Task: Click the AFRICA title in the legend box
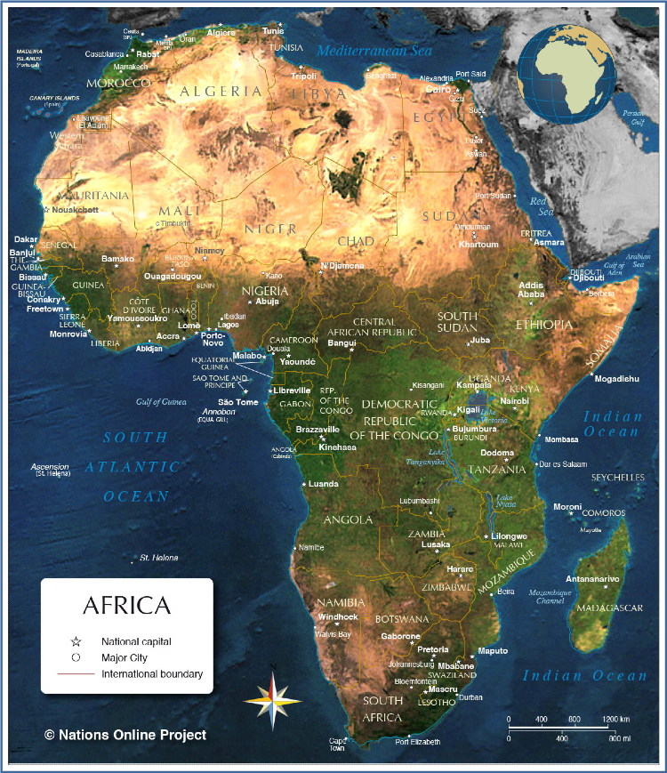pos(126,606)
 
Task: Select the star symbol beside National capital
pos(76,641)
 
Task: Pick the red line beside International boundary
pos(76,674)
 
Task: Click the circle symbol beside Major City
pos(76,657)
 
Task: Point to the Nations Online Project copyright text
pos(125,735)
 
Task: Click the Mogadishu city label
pos(616,379)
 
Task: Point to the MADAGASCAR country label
pos(609,608)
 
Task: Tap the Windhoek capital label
pos(337,616)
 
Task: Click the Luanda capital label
pos(323,484)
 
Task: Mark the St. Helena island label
pos(158,558)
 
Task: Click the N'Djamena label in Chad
pos(342,266)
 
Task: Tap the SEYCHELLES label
pos(618,478)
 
